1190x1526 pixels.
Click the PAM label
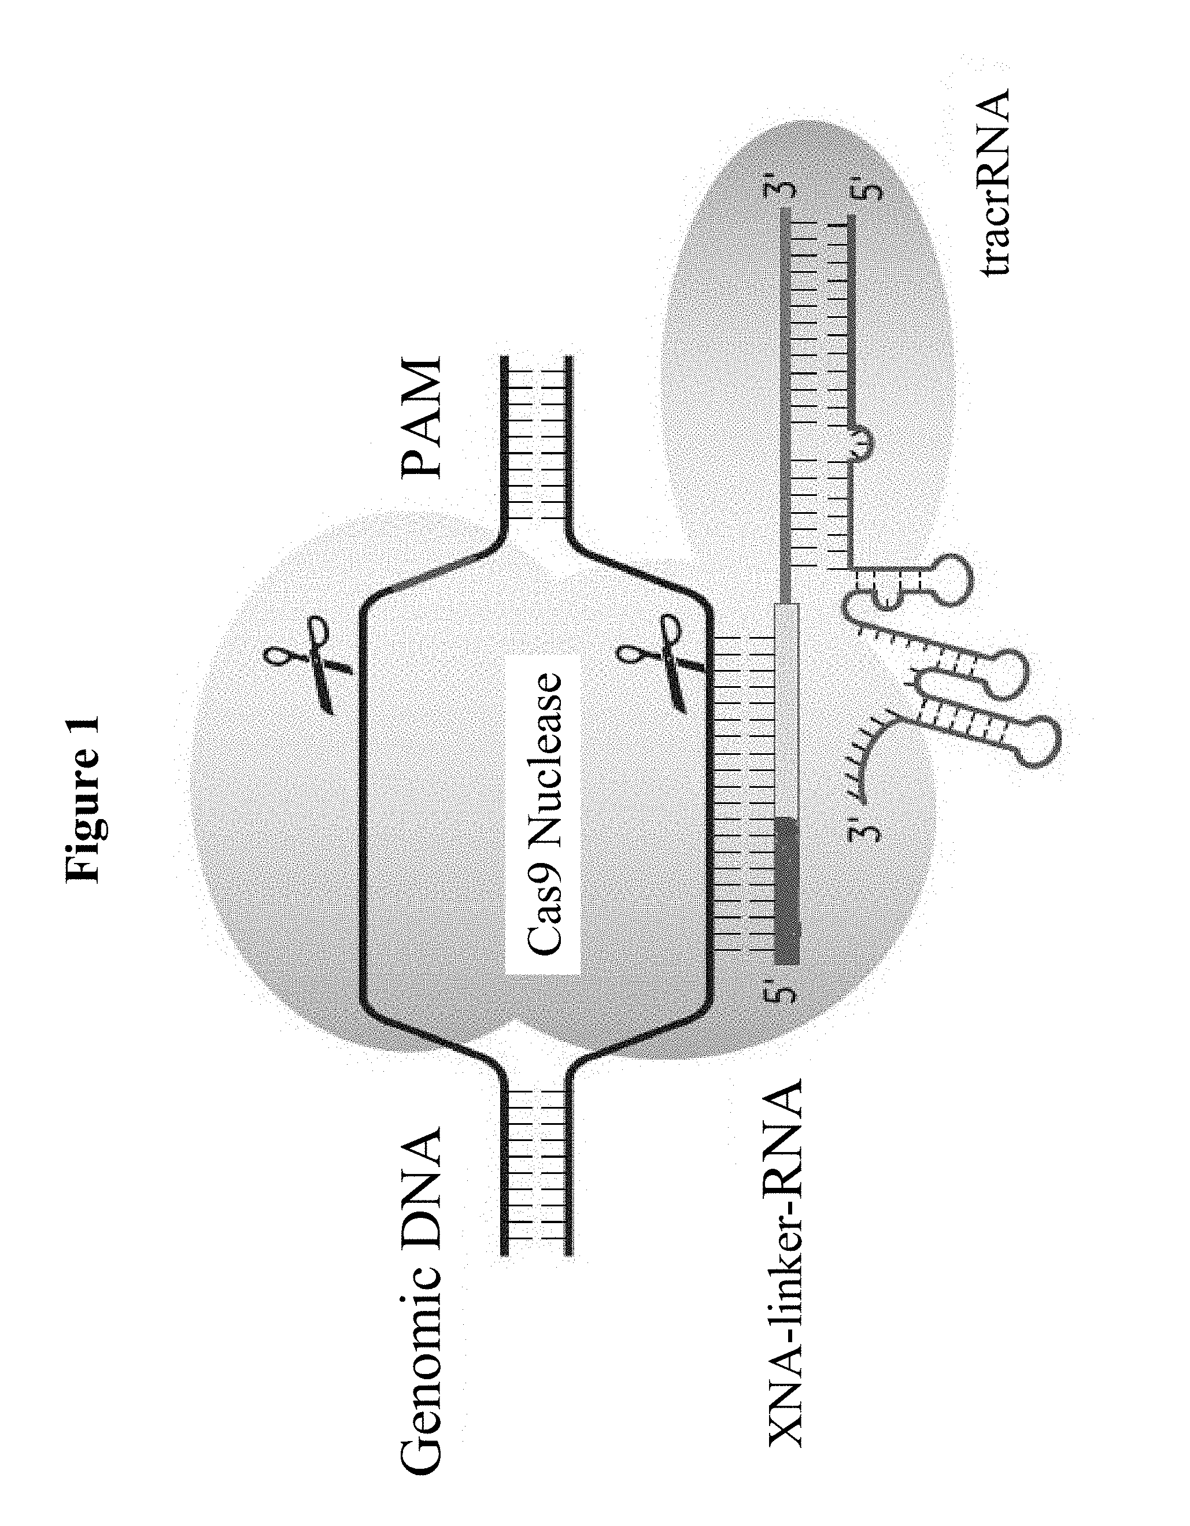[422, 419]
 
